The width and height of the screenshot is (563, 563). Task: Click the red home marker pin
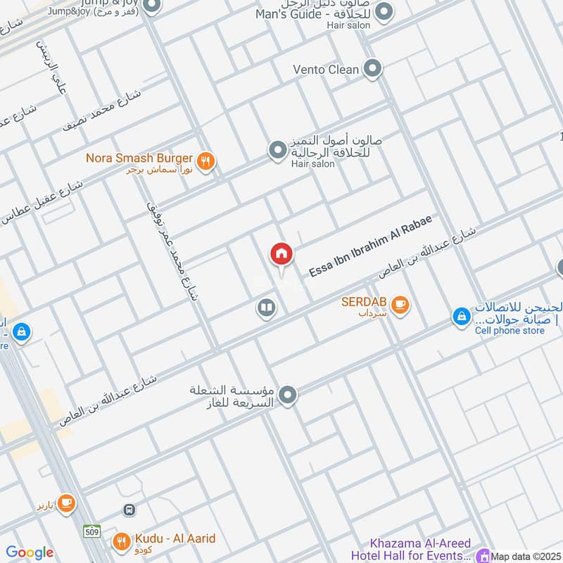pos(281,254)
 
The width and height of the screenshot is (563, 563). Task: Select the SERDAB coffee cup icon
pos(400,305)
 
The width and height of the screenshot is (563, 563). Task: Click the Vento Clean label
pos(326,69)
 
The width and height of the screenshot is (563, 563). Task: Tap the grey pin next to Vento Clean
pos(373,69)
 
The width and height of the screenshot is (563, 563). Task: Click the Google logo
pos(30,552)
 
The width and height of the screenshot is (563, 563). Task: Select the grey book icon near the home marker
pos(266,308)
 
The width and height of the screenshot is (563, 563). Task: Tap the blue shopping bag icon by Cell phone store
pos(461,317)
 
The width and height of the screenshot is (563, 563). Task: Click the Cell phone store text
pos(510,331)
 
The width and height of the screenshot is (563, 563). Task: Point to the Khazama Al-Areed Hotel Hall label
pos(421,549)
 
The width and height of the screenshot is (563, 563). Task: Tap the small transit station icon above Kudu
pos(129,510)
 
